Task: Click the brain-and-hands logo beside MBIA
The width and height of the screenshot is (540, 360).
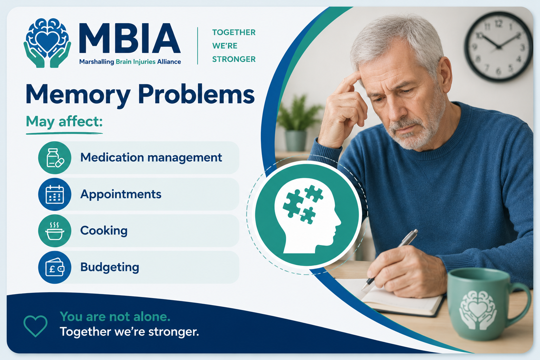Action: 47,43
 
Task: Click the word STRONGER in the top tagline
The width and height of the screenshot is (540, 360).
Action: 233,59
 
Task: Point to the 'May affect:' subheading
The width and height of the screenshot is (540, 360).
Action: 64,122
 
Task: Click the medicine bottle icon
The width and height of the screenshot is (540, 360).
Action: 55,158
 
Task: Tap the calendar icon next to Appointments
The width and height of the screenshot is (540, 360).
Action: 55,194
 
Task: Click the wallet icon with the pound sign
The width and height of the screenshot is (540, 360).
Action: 55,267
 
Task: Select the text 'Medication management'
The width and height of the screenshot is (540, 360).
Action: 151,158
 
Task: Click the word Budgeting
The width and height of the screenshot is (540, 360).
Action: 110,267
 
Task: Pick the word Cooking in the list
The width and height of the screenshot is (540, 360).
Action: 104,231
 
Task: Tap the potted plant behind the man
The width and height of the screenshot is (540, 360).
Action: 296,123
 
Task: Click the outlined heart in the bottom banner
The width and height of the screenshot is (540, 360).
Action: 36,326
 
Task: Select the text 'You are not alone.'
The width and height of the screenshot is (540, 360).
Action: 115,317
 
